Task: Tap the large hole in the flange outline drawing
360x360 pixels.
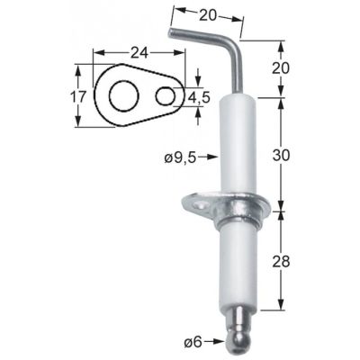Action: [x=120, y=94]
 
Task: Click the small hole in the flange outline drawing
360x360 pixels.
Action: [x=165, y=94]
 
